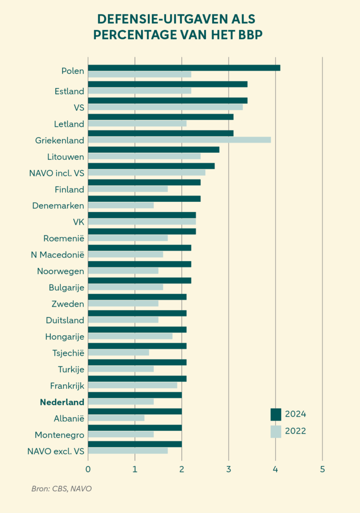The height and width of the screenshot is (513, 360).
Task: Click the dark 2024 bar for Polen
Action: tap(184, 68)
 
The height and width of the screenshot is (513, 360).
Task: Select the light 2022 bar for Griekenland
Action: tap(179, 140)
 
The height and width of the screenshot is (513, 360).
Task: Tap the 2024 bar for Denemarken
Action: tap(144, 198)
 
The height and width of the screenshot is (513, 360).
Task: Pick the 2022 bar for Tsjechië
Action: tap(118, 352)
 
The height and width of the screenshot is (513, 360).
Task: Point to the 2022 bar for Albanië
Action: tap(116, 418)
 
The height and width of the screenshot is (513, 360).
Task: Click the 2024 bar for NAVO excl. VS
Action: tap(135, 444)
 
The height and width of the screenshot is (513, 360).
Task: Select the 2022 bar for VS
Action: tap(165, 107)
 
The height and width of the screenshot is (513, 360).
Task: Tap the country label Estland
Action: tap(69, 91)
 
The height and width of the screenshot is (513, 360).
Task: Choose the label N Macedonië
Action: tap(57, 255)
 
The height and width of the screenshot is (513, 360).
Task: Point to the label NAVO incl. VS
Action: tap(57, 173)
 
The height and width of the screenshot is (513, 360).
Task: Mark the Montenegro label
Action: tap(59, 435)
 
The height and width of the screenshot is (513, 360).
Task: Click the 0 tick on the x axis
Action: tap(88, 469)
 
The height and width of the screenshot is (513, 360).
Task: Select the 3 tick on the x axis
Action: tap(229, 469)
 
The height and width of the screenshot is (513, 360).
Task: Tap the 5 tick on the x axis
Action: tap(322, 469)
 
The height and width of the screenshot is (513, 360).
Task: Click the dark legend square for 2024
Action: tap(276, 414)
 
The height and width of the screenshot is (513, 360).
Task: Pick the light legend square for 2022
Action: tap(276, 431)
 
